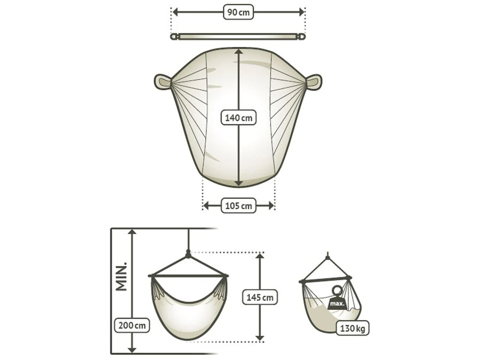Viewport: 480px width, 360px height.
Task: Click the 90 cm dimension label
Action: coord(238,12)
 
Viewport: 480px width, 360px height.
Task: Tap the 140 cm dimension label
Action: coord(238,118)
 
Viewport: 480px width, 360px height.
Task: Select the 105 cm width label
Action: coord(238,206)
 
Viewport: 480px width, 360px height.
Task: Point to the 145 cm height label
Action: coord(260,297)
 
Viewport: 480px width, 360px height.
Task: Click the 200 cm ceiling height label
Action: coord(132,325)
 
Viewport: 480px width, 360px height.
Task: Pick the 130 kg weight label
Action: coord(353,329)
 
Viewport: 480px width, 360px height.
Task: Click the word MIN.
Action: coord(121,276)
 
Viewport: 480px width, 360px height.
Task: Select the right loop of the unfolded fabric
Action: coord(314,82)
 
